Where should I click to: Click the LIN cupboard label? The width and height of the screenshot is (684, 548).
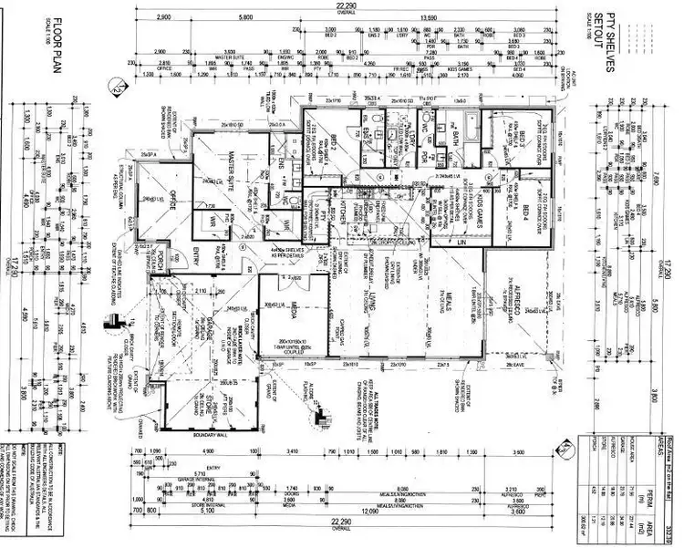pos(462,243)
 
